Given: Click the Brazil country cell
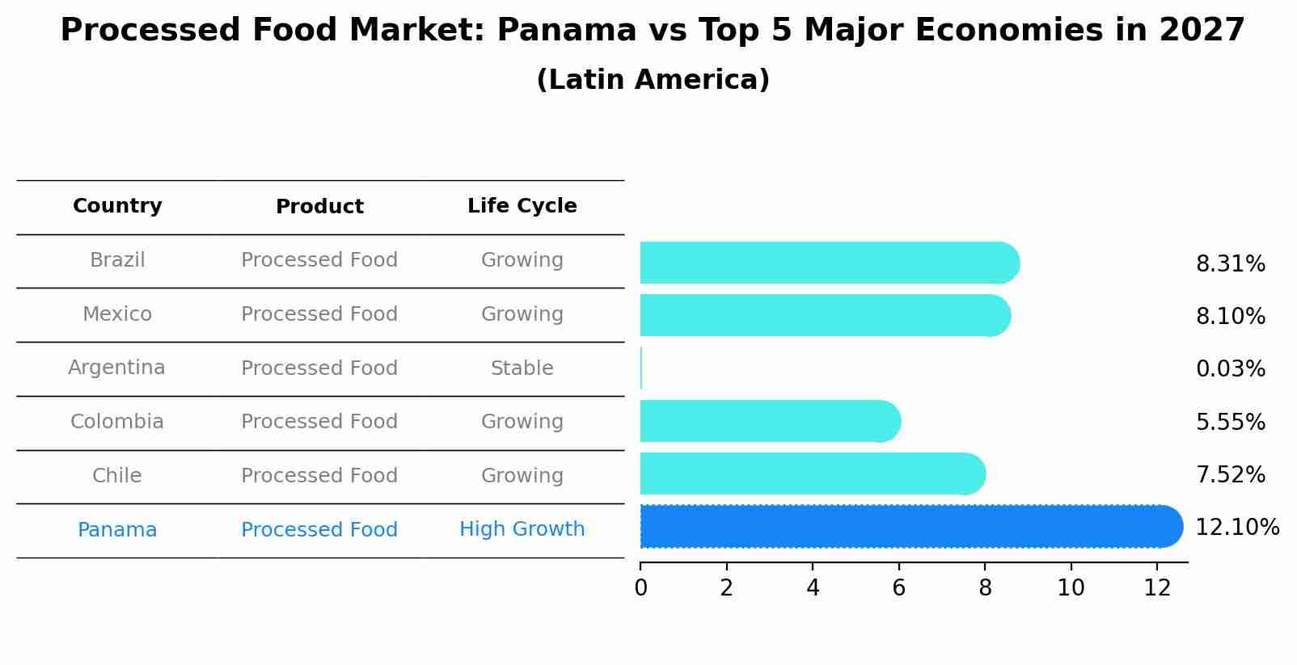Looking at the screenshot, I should point(117,260).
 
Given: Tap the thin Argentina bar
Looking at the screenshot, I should point(641,368).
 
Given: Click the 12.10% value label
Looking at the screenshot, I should point(1236,528).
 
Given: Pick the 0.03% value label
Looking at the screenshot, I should point(1230,369).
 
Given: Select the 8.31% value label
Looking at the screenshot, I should point(1230,264).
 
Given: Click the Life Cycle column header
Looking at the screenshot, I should point(522,206).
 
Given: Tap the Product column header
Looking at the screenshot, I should point(319,207).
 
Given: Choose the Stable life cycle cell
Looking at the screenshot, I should point(522,368).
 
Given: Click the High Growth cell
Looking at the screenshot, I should point(522,529).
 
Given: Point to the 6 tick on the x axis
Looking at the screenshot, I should point(898,587).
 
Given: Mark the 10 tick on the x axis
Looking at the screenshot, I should point(1071,587).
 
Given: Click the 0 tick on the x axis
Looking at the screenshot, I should point(640,587).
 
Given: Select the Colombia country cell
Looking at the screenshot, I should point(117,422).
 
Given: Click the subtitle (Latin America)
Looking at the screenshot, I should point(653,80).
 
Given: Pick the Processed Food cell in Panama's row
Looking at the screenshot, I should point(319,530).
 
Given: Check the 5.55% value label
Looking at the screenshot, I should point(1230,422).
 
